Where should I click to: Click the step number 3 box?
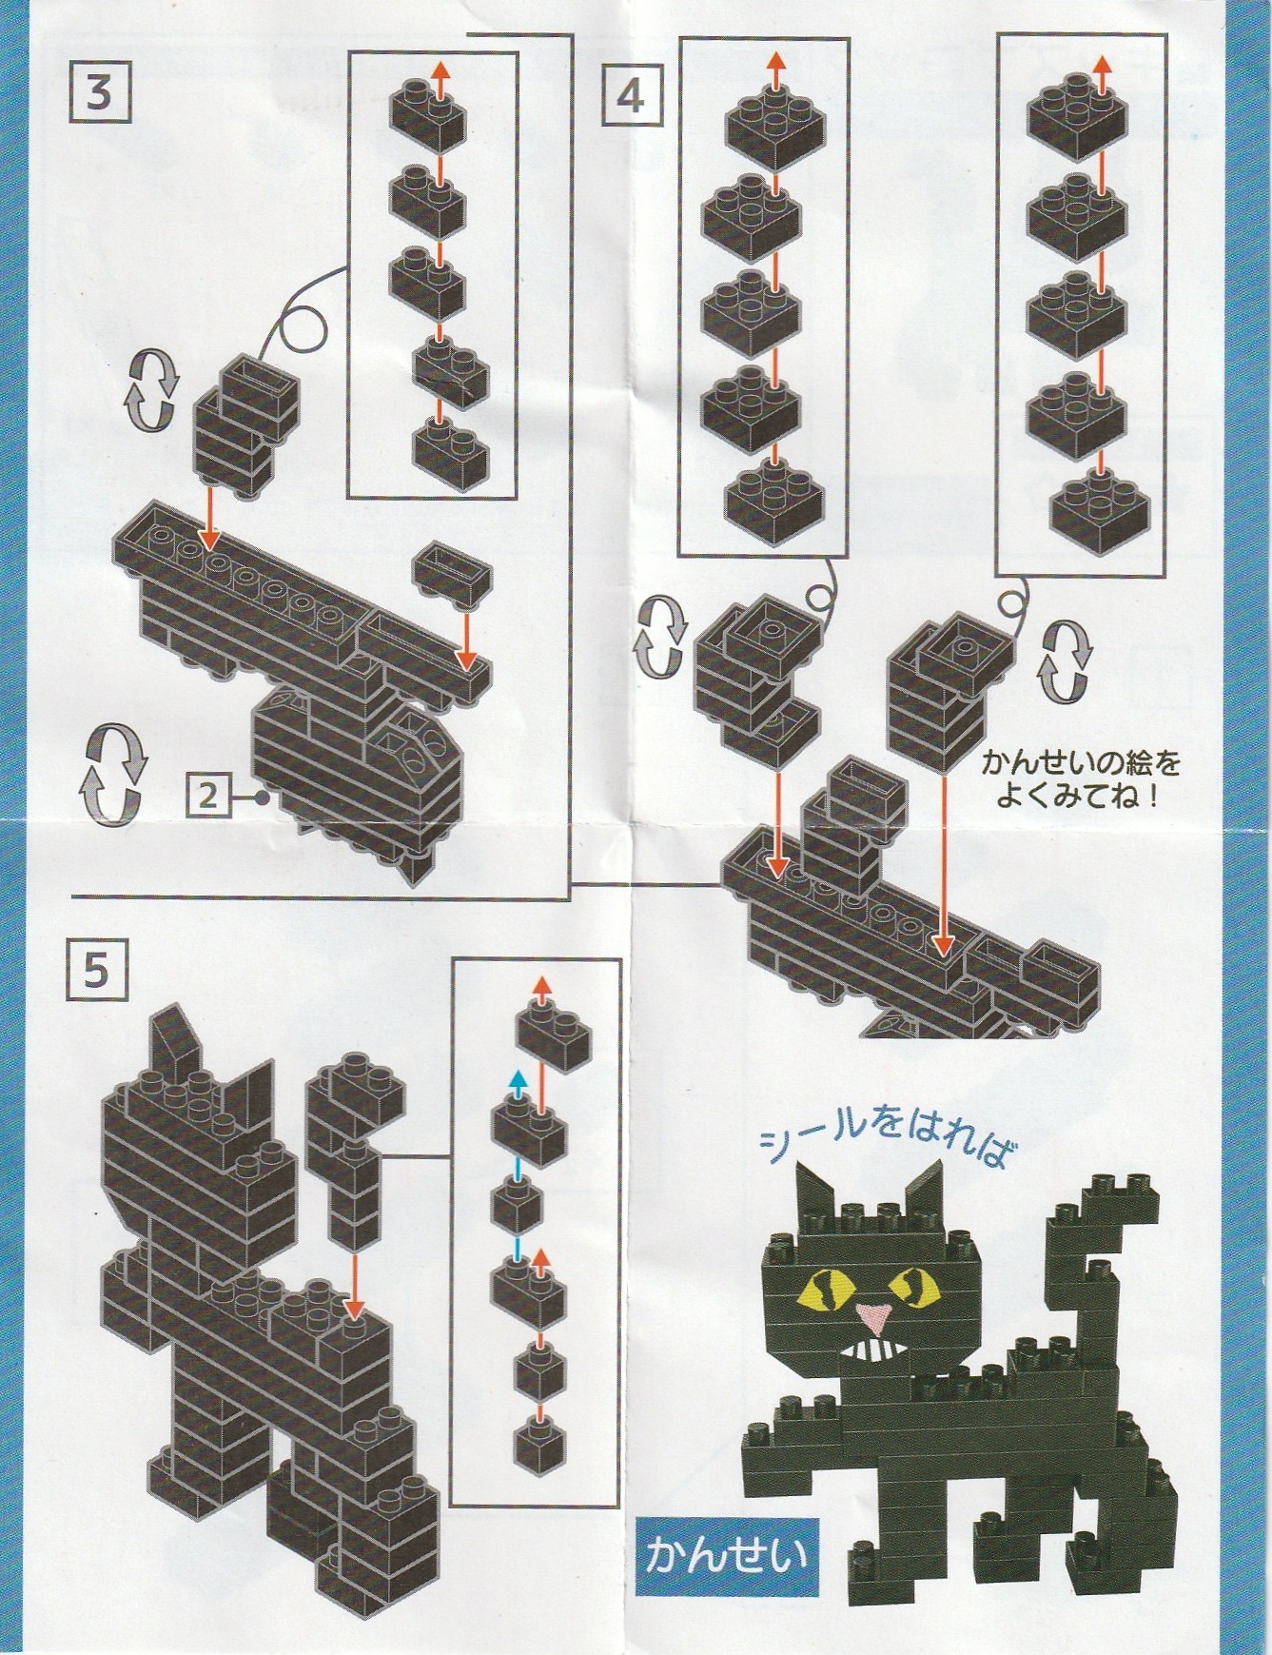click(x=99, y=93)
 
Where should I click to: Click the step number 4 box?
click(x=630, y=95)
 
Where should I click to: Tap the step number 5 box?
click(x=97, y=971)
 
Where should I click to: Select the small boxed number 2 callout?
click(x=208, y=795)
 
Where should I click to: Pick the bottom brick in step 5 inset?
click(x=539, y=1447)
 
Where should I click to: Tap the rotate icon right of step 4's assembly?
click(x=1066, y=660)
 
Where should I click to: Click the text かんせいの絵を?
click(x=1081, y=763)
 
